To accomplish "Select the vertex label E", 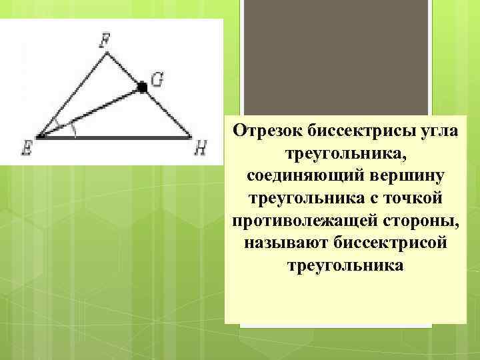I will pos(27,149).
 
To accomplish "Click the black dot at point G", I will pos(141,87).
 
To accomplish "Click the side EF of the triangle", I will pos(72,96).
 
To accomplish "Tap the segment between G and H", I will pos(167,112).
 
